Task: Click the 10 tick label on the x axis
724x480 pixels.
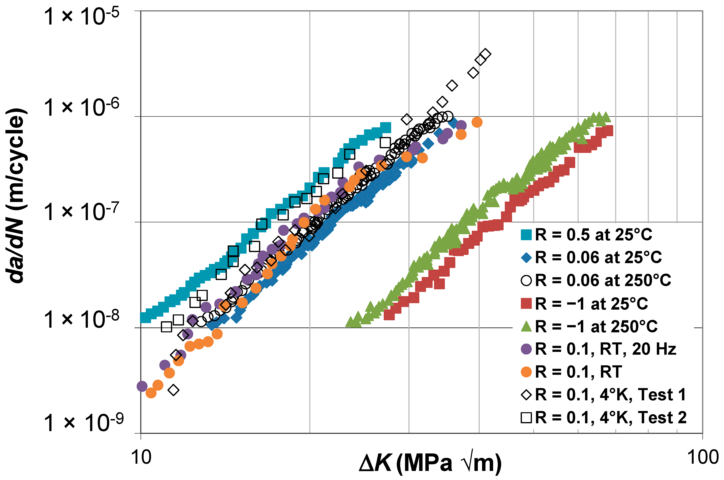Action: (141, 457)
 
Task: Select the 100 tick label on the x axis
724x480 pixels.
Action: (702, 457)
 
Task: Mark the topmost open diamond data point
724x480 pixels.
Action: (485, 54)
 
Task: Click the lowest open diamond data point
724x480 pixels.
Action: (174, 390)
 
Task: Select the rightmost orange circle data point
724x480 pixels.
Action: (477, 122)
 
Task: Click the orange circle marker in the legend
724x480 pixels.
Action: (526, 372)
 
